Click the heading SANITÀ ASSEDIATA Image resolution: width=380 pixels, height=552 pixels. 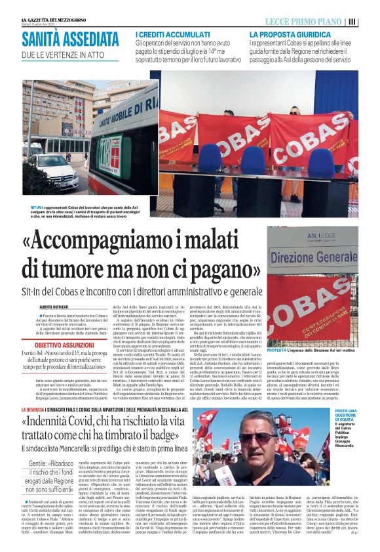click(69, 38)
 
